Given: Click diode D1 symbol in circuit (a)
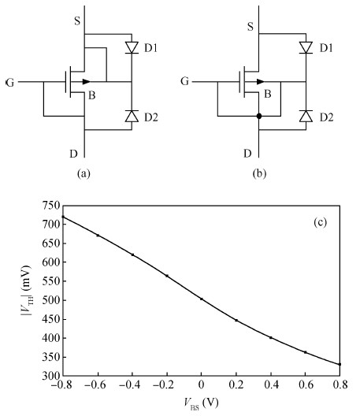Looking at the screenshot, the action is [132, 48].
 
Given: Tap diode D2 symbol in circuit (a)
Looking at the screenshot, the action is [132, 116].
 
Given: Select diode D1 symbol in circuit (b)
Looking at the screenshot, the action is [306, 48].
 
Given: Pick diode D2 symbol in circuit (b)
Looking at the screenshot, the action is [306, 116].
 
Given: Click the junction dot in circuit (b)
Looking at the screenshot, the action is [259, 116].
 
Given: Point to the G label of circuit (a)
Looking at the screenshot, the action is [9, 83].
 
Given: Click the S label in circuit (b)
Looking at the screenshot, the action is [251, 27].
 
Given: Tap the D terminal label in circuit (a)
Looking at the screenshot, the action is [74, 154].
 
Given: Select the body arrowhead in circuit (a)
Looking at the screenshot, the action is [86, 82].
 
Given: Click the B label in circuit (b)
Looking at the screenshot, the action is [268, 94].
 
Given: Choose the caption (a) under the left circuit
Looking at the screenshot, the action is [84, 174].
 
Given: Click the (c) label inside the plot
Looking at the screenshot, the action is [320, 222].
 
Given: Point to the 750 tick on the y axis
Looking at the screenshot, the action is [51, 206].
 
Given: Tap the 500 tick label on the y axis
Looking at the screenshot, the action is [51, 300].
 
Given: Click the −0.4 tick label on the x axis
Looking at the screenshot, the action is [129, 384].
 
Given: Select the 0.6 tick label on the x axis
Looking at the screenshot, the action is [306, 384].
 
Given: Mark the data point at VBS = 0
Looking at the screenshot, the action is [202, 299].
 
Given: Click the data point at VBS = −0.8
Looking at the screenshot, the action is [63, 217].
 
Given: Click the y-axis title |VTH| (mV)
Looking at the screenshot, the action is [27, 290].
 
